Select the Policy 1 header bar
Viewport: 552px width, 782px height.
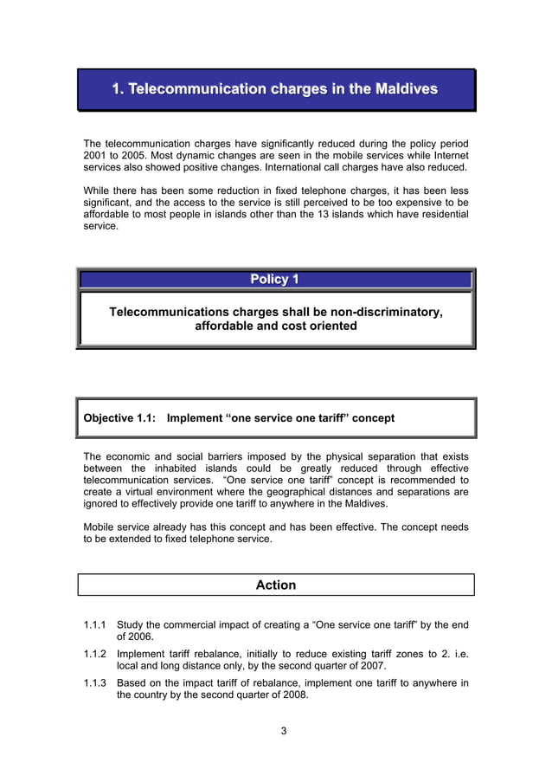pyautogui.click(x=275, y=279)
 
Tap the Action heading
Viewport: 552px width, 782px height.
pyautogui.click(x=275, y=585)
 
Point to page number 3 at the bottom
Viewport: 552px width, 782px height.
pyautogui.click(x=283, y=731)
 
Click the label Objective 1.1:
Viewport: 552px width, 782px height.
pyautogui.click(x=119, y=418)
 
